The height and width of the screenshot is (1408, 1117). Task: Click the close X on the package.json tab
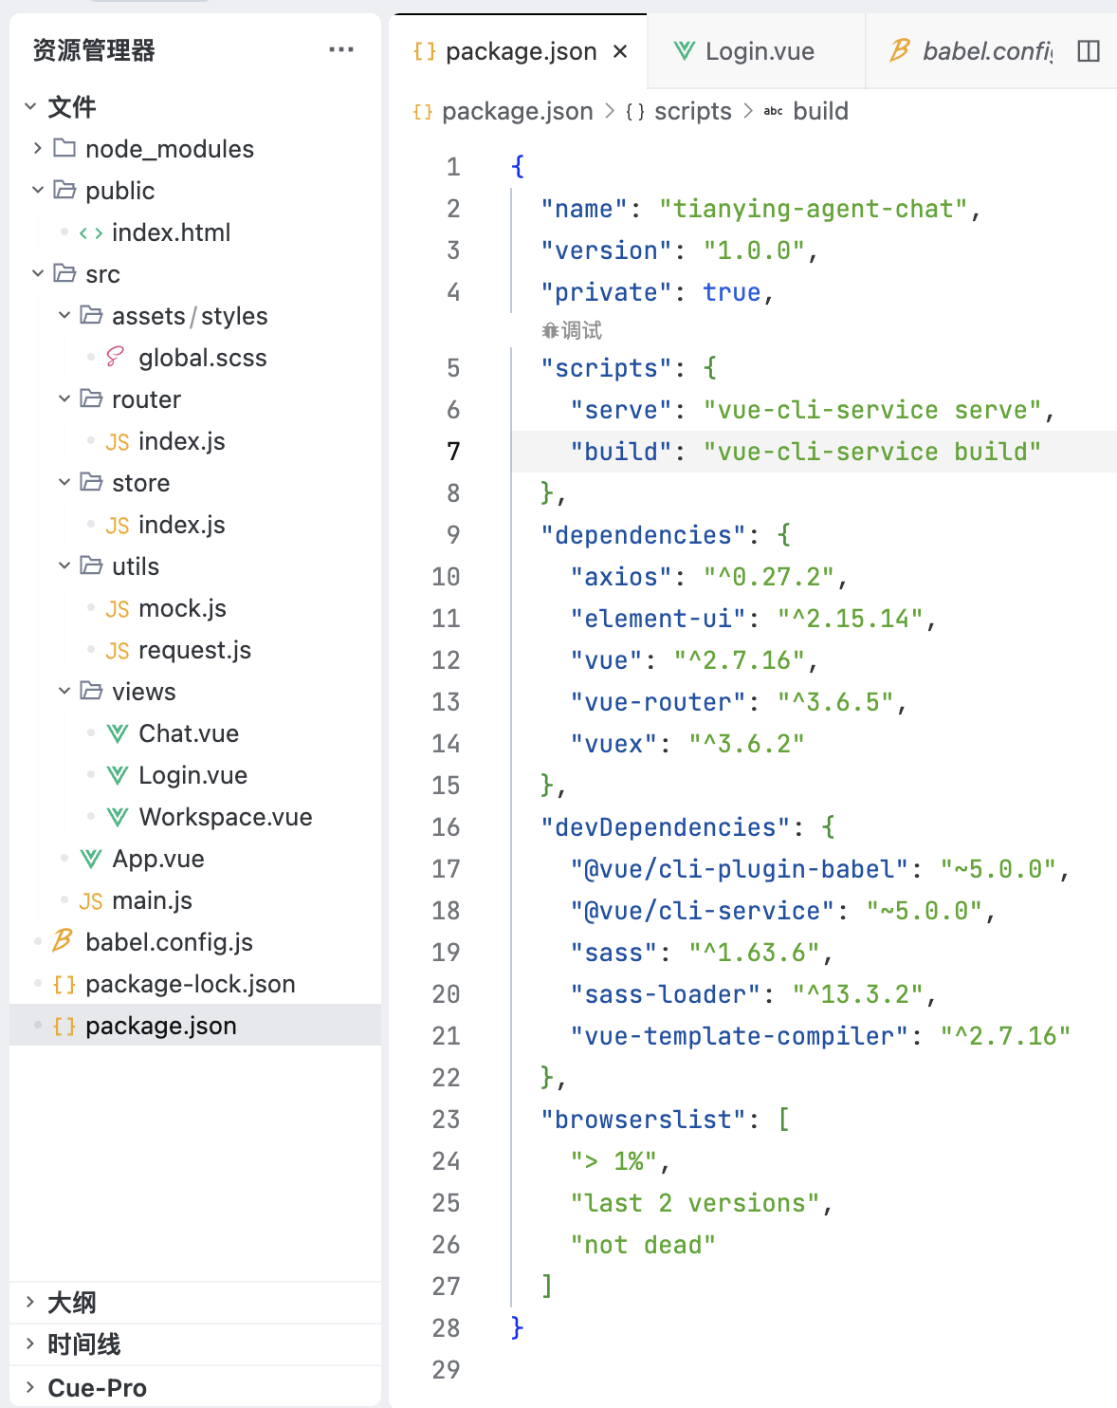620,51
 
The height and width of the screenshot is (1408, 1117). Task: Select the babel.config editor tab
971,51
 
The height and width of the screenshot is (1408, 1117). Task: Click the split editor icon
1089,51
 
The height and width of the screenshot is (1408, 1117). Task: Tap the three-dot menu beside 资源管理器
340,49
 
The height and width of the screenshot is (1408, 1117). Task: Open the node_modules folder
169,149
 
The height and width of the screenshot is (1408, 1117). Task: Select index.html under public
171,232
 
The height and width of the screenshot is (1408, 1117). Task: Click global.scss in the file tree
202,358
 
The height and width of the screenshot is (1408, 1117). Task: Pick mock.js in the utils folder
182,608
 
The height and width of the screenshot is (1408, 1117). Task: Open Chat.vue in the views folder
189,733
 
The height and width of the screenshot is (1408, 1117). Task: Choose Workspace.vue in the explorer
225,817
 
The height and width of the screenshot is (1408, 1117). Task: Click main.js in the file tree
152,901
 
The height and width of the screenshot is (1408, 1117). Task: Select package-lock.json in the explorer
190,984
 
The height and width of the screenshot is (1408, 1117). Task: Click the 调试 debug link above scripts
572,330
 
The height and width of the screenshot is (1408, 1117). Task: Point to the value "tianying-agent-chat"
813,210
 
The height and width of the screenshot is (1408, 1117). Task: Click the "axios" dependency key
621,577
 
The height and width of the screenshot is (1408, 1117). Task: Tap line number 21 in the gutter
446,1036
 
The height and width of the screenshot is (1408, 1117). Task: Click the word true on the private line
732,292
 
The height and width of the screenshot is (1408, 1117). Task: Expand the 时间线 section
83,1344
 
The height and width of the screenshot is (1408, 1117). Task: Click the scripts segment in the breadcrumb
692,111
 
